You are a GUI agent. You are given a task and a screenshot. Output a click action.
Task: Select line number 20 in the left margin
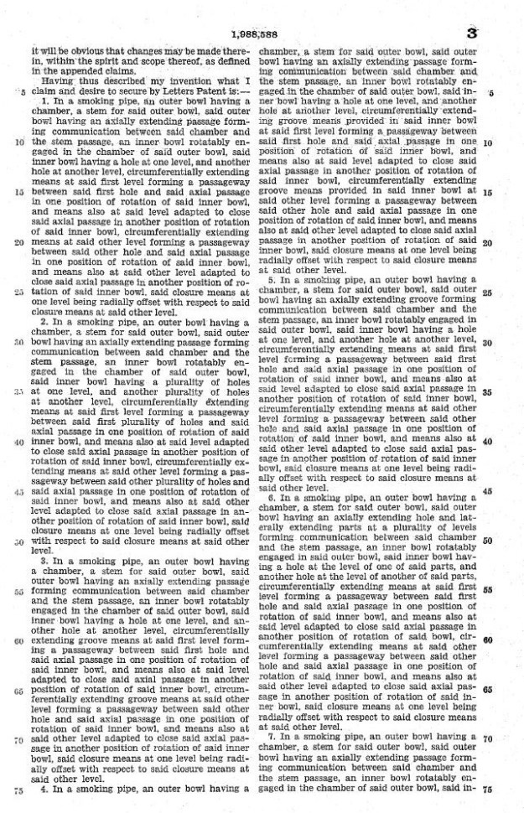18,241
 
